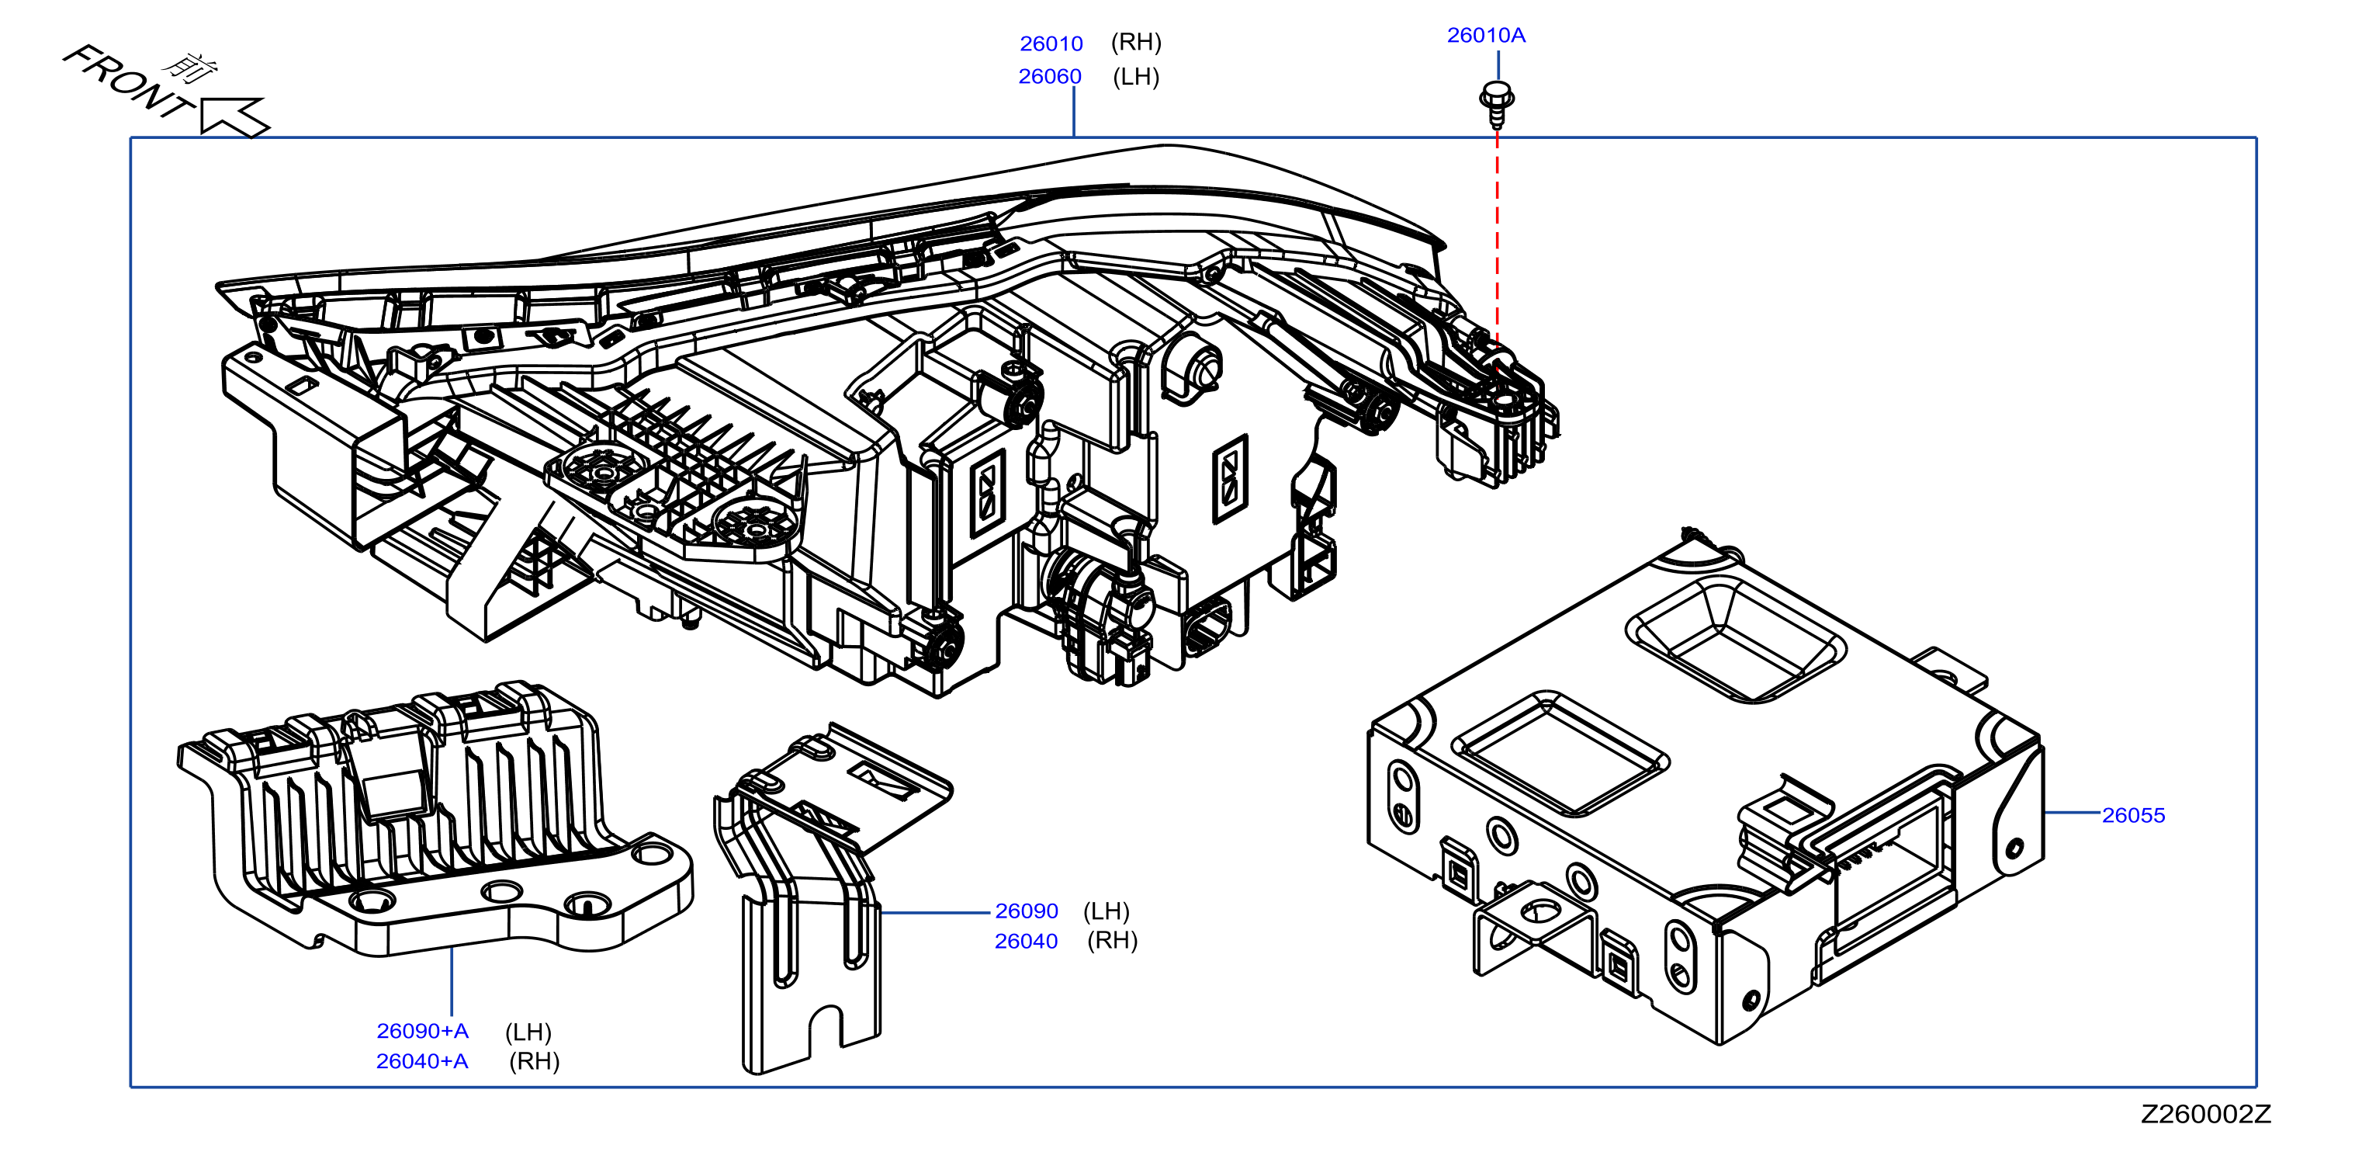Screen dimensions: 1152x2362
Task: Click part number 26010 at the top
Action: click(x=1051, y=44)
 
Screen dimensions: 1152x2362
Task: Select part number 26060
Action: click(x=1050, y=77)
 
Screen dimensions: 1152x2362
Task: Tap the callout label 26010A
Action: click(x=1485, y=36)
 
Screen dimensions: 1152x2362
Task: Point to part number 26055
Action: click(x=2133, y=815)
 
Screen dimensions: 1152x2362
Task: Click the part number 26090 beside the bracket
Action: click(x=1026, y=911)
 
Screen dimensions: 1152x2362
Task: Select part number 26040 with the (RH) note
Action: click(x=1026, y=941)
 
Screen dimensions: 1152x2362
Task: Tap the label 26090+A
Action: click(x=422, y=1031)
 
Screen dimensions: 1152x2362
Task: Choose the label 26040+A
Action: click(x=422, y=1061)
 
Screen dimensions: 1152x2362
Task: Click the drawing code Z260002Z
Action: click(x=2205, y=1115)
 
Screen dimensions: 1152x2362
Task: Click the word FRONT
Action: click(x=126, y=82)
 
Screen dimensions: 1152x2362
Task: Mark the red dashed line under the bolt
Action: click(x=1498, y=238)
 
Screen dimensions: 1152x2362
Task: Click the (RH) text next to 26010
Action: click(x=1136, y=42)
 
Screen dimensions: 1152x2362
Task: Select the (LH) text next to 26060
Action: click(x=1136, y=77)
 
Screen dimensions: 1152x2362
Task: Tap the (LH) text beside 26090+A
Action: click(x=528, y=1032)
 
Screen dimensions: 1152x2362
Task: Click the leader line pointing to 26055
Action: click(x=2073, y=813)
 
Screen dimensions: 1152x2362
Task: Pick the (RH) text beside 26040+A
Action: click(x=534, y=1061)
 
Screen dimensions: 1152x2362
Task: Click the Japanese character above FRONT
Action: click(x=192, y=66)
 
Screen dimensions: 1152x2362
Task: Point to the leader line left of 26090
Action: click(x=935, y=913)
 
